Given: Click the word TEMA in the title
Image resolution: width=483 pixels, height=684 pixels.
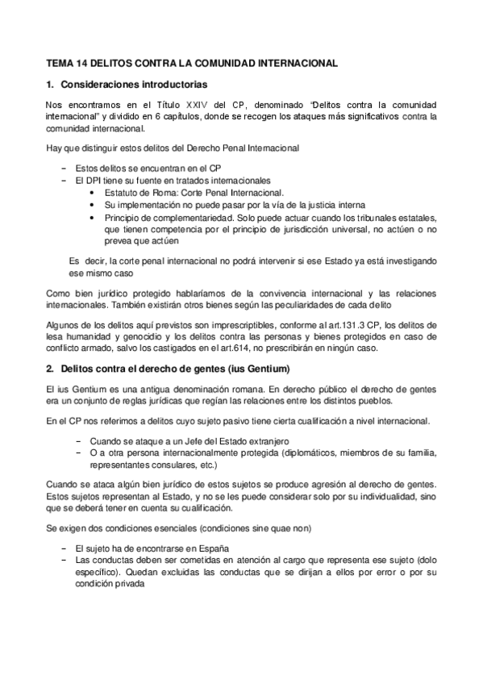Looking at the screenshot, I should coord(59,62).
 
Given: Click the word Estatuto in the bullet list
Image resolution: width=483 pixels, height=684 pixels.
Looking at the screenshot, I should coord(123,193).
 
